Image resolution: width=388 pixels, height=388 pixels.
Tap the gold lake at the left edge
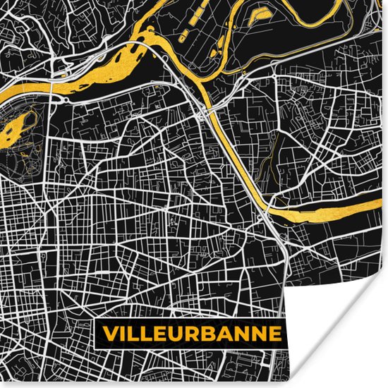click(x=16, y=127)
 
